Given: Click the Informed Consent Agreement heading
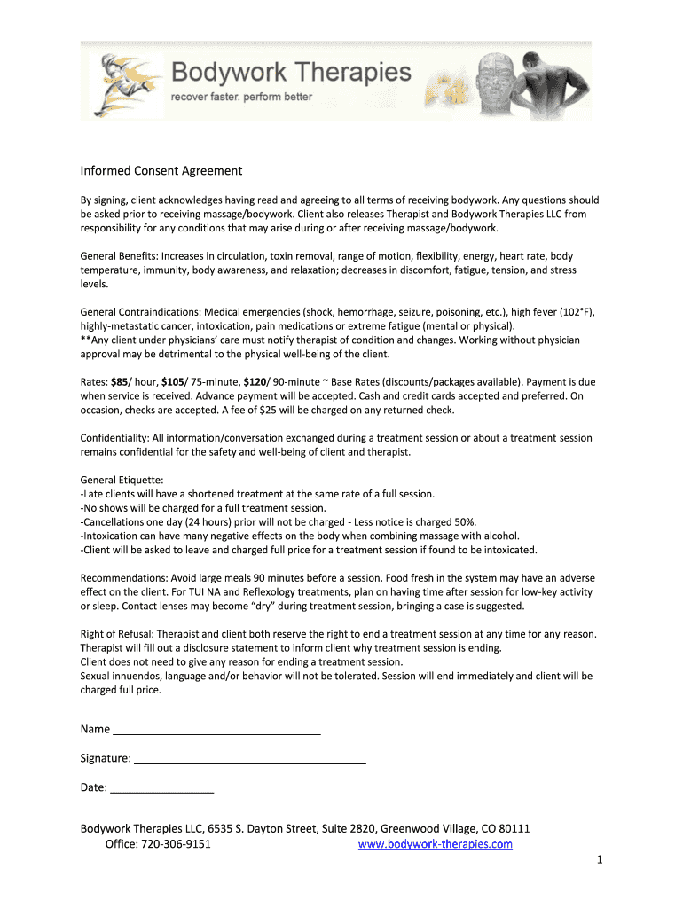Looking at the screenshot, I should (x=161, y=170).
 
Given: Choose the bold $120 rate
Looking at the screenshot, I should (x=255, y=381).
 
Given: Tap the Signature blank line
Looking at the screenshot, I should (x=249, y=759).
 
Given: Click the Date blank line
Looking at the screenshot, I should (x=162, y=787).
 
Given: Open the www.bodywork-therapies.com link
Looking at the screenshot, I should (x=436, y=845).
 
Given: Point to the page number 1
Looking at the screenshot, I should (x=600, y=861).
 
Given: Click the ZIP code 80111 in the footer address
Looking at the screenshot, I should (x=514, y=829).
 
